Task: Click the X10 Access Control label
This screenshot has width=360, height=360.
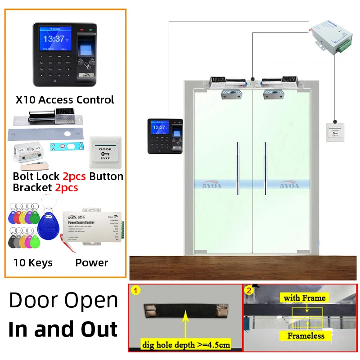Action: coord(65,99)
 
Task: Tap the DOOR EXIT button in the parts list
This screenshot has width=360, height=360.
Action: coord(106,152)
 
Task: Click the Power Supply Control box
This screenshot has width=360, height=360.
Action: coord(92,227)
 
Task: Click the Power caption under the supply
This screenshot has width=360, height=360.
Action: coord(92,263)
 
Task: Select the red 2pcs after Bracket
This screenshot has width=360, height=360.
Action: coord(67,188)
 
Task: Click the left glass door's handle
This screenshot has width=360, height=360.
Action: coord(238,168)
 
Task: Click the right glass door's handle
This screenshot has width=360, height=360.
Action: coord(265,168)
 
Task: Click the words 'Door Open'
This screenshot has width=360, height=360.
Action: coord(63,301)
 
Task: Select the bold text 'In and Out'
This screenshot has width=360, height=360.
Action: coord(63,329)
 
